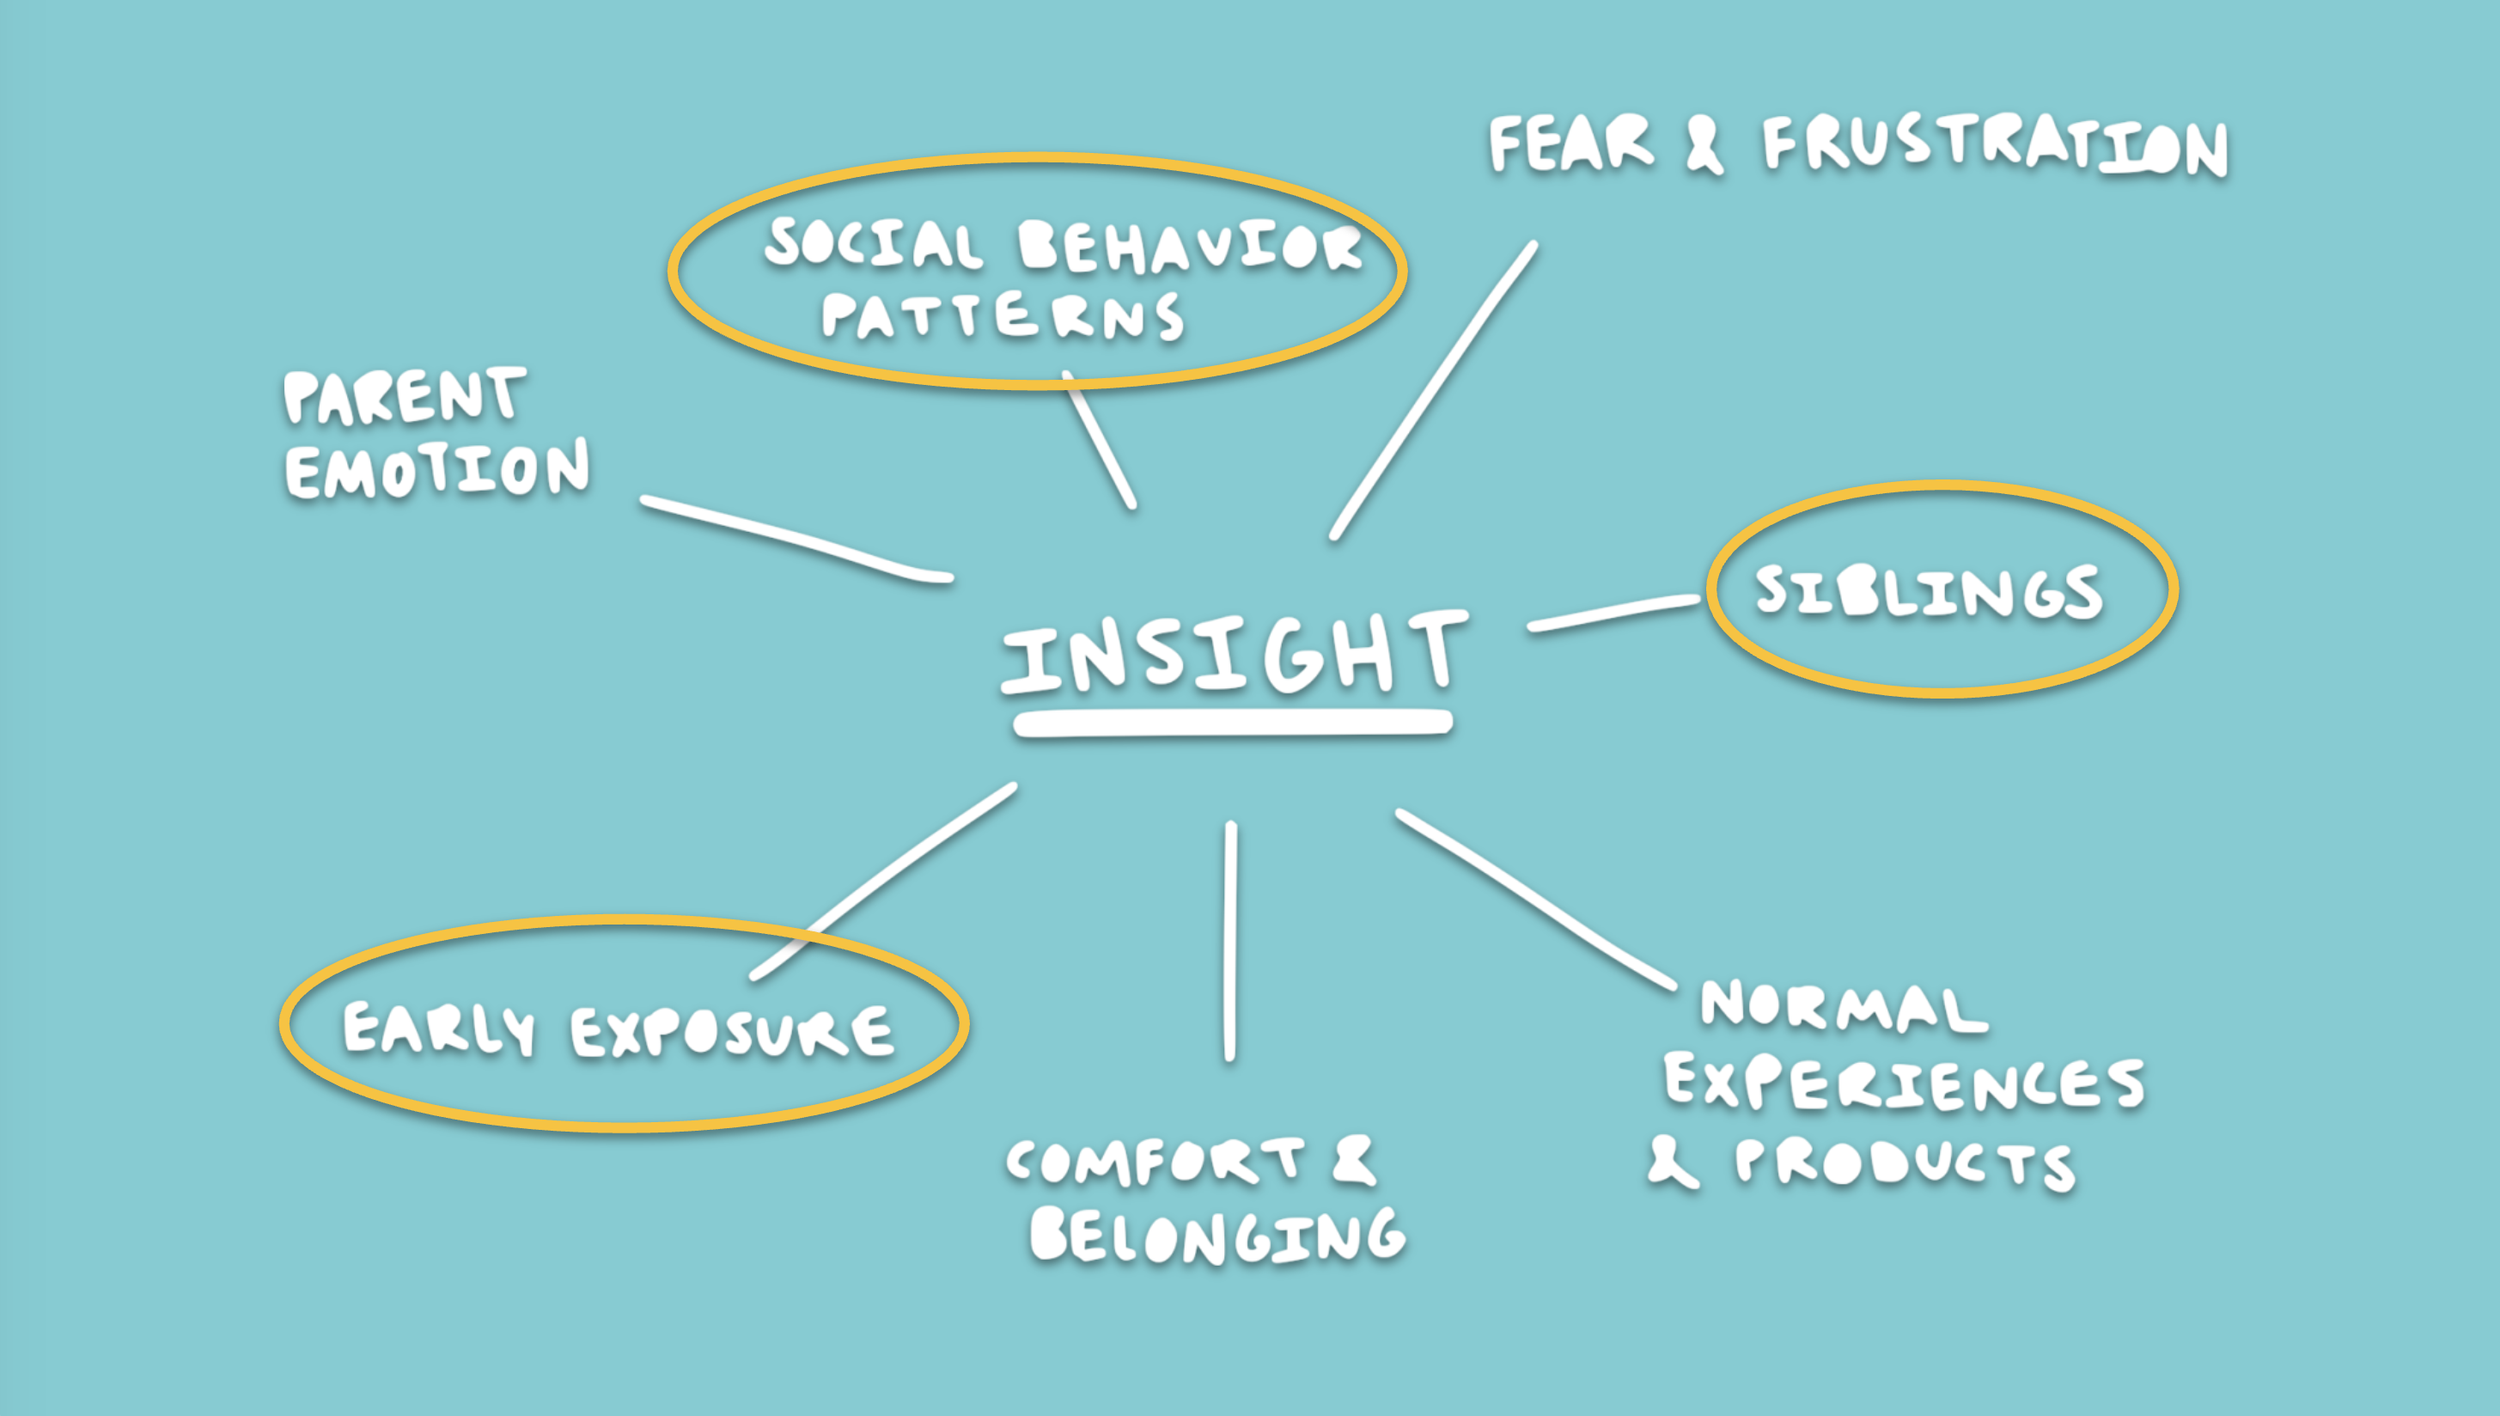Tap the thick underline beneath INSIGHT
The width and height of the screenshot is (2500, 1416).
point(1233,723)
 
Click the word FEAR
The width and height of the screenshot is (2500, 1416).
point(1571,144)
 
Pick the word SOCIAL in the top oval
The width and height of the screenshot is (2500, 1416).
point(873,243)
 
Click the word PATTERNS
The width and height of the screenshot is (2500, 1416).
point(1003,315)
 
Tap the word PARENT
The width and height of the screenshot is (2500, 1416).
point(405,396)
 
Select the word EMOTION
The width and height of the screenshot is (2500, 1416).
point(437,469)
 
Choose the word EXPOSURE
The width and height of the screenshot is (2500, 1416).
point(732,1032)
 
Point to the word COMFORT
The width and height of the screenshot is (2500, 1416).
point(1156,1161)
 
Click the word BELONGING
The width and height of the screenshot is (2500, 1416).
point(1218,1235)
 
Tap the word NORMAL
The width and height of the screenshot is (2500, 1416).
point(1845,1005)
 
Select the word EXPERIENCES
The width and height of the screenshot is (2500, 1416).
point(1905,1083)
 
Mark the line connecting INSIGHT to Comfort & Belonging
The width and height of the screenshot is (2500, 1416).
point(1230,942)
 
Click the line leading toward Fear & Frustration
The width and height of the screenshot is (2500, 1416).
point(1433,390)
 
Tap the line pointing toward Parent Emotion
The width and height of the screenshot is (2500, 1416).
point(796,540)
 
